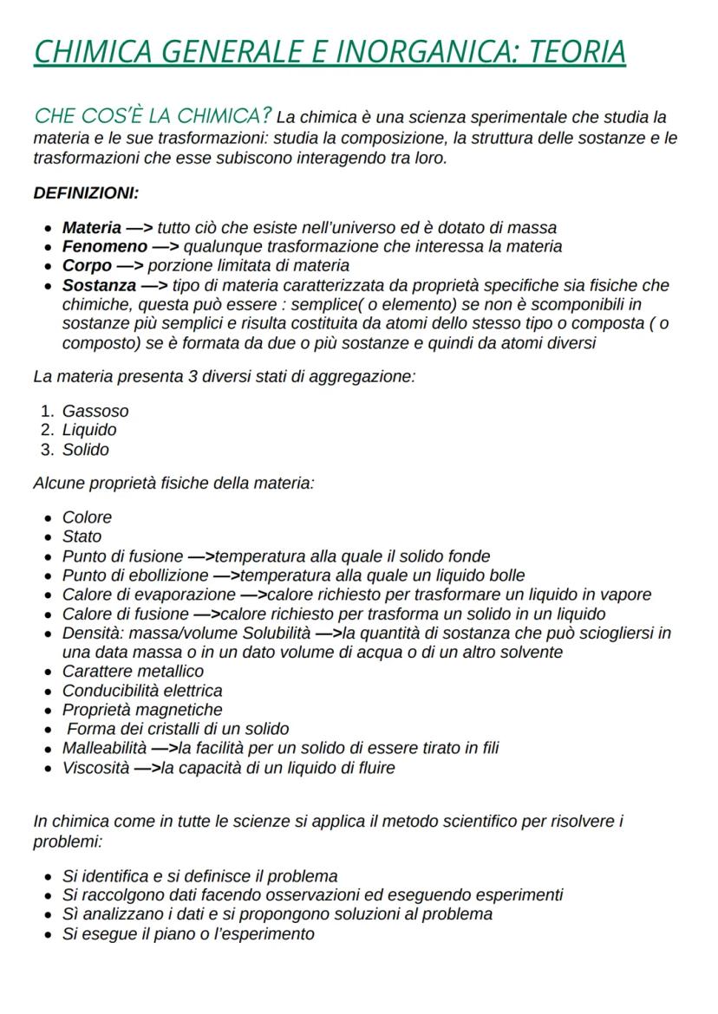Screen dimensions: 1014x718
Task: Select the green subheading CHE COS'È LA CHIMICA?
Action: pyautogui.click(x=153, y=116)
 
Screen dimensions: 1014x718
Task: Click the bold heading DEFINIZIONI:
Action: pyautogui.click(x=86, y=193)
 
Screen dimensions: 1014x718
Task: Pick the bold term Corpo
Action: pyautogui.click(x=87, y=266)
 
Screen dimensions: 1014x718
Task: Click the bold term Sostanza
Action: pyautogui.click(x=99, y=285)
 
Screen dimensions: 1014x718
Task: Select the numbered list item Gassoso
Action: pyautogui.click(x=95, y=411)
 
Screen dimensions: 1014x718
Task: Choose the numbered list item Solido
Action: pyautogui.click(x=86, y=450)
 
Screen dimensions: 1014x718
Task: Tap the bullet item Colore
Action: pyautogui.click(x=87, y=517)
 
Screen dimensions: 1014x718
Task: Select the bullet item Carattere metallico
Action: pyautogui.click(x=133, y=672)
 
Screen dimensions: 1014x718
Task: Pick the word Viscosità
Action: pyautogui.click(x=95, y=768)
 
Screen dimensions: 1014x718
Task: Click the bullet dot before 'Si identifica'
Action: pyautogui.click(x=47, y=876)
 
